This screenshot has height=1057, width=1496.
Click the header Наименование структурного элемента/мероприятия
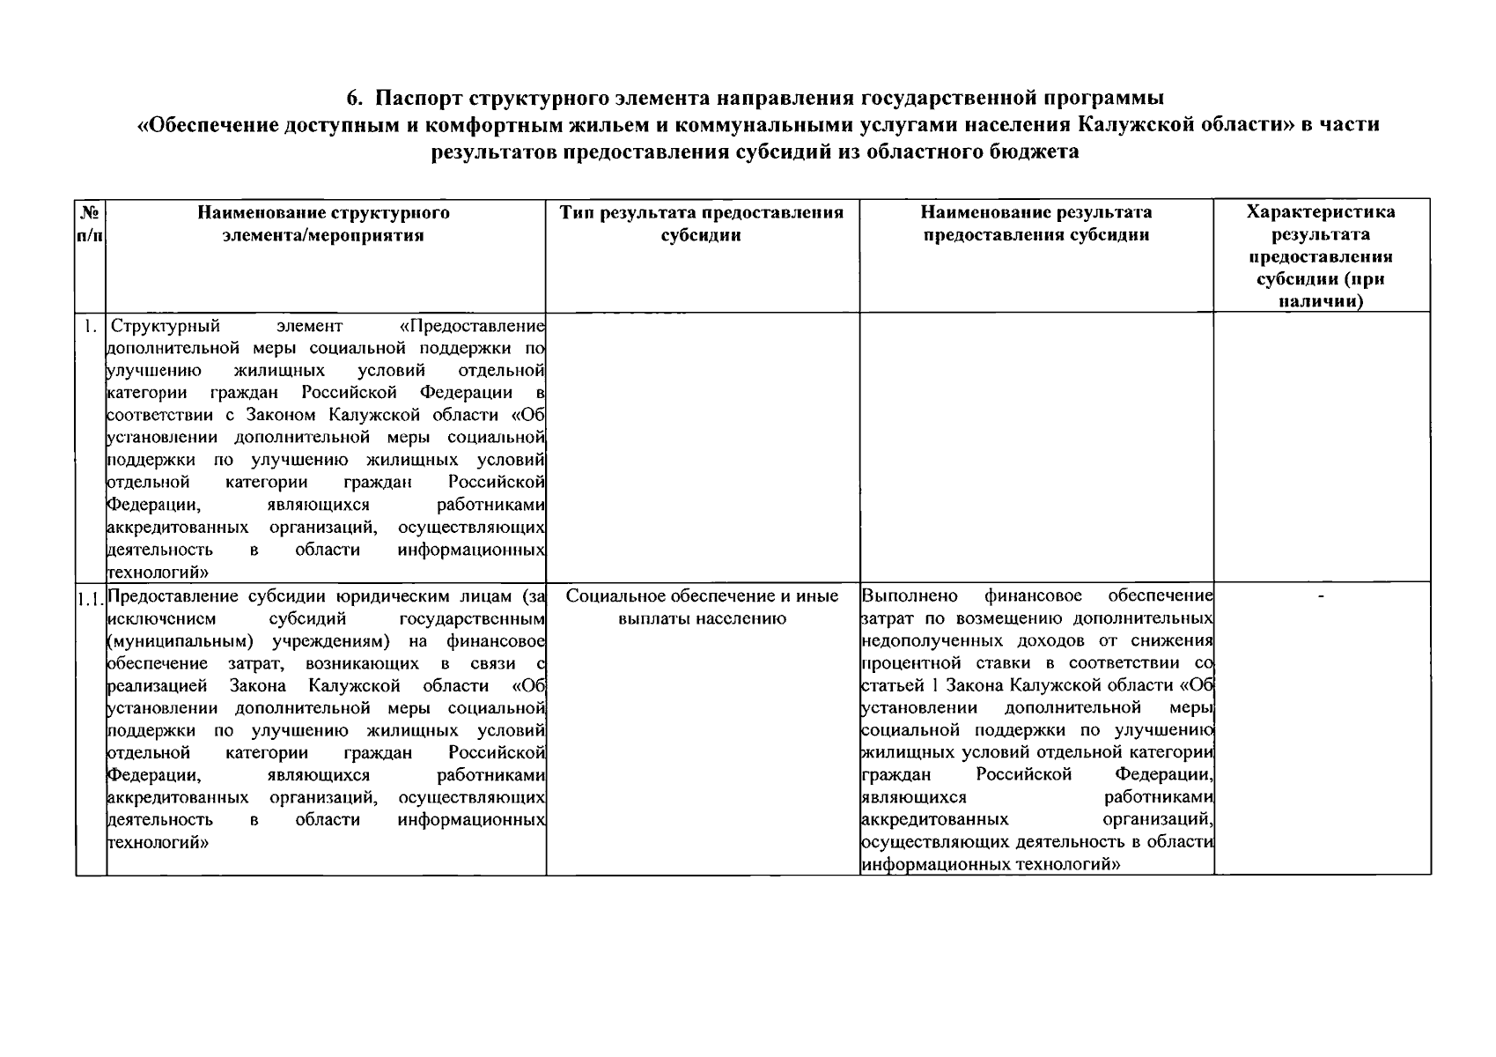coord(323,224)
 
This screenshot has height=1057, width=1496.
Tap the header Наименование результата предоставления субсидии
coord(1035,224)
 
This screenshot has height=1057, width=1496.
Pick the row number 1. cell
coord(91,326)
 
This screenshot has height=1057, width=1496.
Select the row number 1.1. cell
coord(90,601)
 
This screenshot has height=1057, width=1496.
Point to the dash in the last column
coord(1321,597)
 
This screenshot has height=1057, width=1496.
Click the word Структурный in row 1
coord(166,326)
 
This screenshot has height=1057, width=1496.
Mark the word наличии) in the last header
coord(1321,301)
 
